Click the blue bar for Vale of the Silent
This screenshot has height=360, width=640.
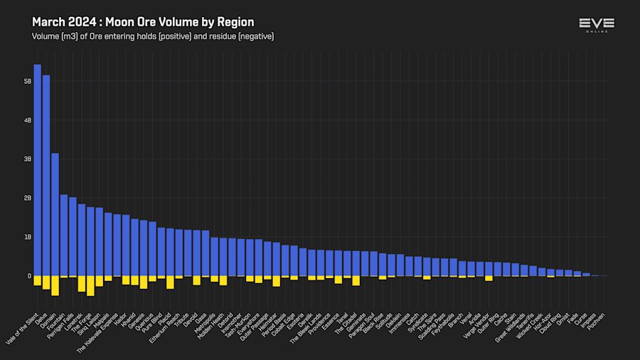tap(37, 170)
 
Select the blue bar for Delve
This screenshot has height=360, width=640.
tap(46, 175)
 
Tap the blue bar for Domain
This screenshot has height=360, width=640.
tap(55, 214)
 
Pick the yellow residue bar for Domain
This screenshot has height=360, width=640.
tap(55, 285)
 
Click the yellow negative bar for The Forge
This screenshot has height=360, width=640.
tap(90, 286)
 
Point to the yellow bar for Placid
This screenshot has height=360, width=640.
tap(170, 282)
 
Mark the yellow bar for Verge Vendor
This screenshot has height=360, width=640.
tap(489, 278)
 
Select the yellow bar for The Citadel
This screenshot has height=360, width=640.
tap(356, 280)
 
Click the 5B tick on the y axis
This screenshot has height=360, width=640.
tap(28, 82)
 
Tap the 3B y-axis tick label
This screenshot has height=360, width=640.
tap(28, 159)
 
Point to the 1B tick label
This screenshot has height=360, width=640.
tap(28, 237)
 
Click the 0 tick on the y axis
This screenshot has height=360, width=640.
tap(29, 276)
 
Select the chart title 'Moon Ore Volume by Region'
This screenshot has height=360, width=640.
tap(143, 22)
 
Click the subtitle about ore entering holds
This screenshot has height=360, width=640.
tap(153, 36)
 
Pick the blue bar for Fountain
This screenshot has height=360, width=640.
tap(64, 235)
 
